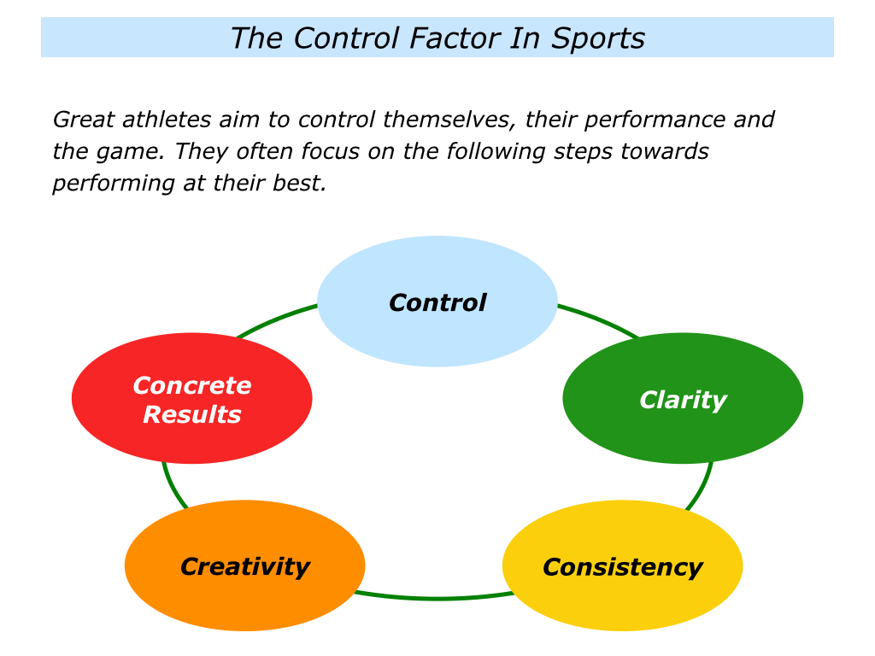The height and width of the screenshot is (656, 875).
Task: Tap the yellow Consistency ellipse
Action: click(622, 598)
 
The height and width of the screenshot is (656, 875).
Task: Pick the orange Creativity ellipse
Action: click(244, 598)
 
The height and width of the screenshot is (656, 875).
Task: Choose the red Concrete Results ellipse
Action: click(191, 440)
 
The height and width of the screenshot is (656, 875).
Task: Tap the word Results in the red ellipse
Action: click(192, 415)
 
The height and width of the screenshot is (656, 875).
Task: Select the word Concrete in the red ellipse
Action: click(192, 386)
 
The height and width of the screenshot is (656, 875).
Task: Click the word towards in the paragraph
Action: click(667, 152)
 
